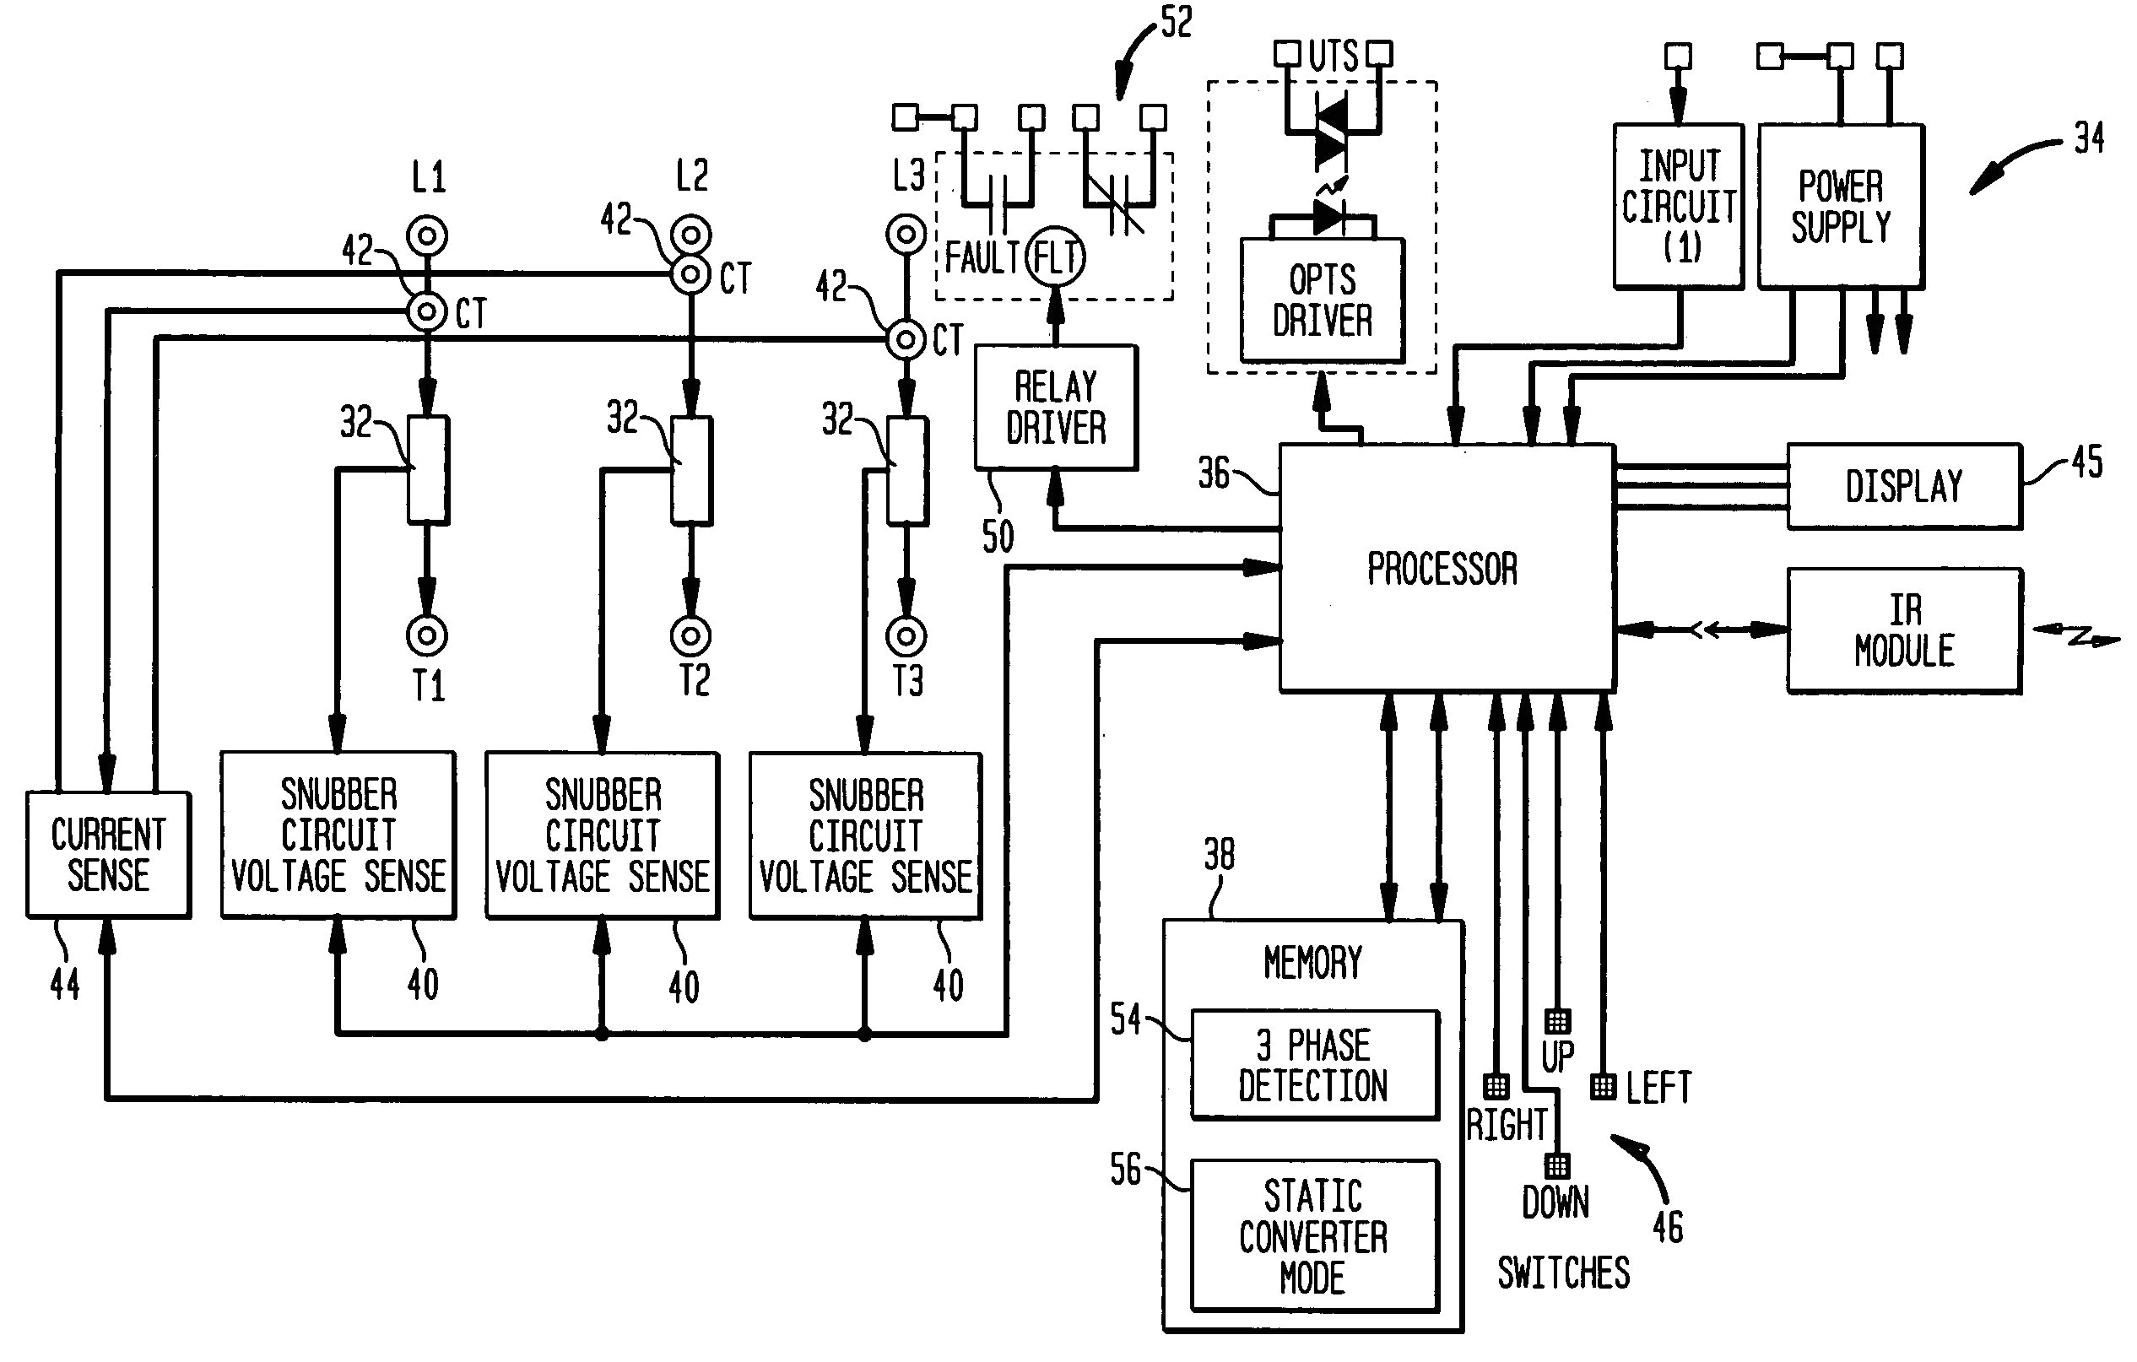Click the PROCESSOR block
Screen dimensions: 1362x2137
[x=1446, y=568]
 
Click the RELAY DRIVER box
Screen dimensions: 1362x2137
[x=1055, y=408]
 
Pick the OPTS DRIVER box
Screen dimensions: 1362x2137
[x=1322, y=300]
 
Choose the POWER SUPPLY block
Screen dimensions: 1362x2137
[x=1840, y=206]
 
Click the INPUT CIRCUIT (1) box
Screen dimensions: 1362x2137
[x=1677, y=206]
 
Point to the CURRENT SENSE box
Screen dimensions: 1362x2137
[x=108, y=855]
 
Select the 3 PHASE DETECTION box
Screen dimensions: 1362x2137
[x=1313, y=1065]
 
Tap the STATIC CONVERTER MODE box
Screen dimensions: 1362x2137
[x=1313, y=1235]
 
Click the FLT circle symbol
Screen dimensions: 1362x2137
[x=1055, y=258]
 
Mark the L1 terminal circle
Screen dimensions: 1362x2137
[x=427, y=236]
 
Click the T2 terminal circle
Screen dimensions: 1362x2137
[x=690, y=636]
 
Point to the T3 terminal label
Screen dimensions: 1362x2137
[x=907, y=682]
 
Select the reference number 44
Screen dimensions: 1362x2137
[x=65, y=984]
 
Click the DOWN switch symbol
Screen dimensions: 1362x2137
[x=1556, y=1165]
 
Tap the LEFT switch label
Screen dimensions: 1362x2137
[x=1658, y=1088]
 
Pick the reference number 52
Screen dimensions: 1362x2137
[x=1176, y=22]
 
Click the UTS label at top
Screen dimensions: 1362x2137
[x=1333, y=56]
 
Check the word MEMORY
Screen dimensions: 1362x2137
[x=1312, y=963]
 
